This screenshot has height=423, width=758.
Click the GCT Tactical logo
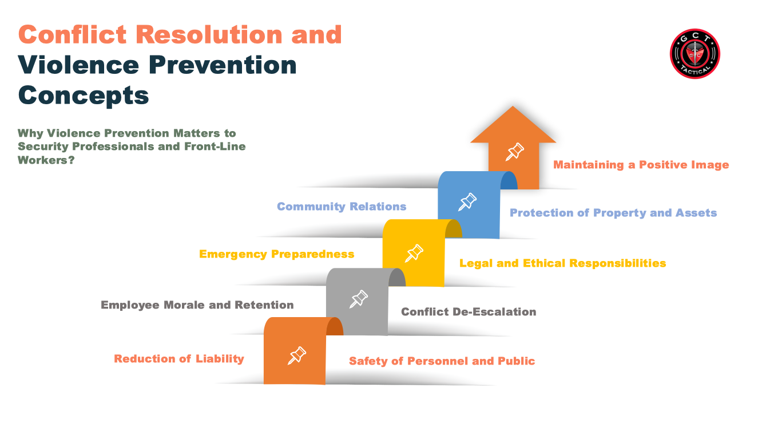[694, 54]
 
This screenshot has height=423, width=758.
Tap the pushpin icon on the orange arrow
[515, 152]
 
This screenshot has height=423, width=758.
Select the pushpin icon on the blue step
[467, 202]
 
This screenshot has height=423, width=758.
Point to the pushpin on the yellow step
[414, 254]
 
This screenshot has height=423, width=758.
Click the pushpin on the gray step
[358, 299]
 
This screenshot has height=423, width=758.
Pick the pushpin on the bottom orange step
[297, 355]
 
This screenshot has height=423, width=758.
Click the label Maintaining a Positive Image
[641, 165]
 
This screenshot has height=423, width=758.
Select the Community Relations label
[342, 206]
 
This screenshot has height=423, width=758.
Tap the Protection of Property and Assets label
[613, 213]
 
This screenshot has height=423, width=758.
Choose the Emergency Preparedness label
[276, 254]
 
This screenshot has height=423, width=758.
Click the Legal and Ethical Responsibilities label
[562, 263]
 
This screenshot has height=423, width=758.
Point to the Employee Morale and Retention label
[197, 305]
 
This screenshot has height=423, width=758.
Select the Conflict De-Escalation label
[469, 311]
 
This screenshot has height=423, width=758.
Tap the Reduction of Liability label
[178, 359]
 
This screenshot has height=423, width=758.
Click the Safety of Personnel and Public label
[442, 361]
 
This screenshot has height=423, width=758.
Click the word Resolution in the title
[209, 34]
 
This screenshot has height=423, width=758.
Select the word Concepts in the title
[84, 96]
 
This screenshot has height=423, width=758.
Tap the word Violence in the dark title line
[78, 65]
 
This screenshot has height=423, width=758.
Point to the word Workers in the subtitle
[43, 160]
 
